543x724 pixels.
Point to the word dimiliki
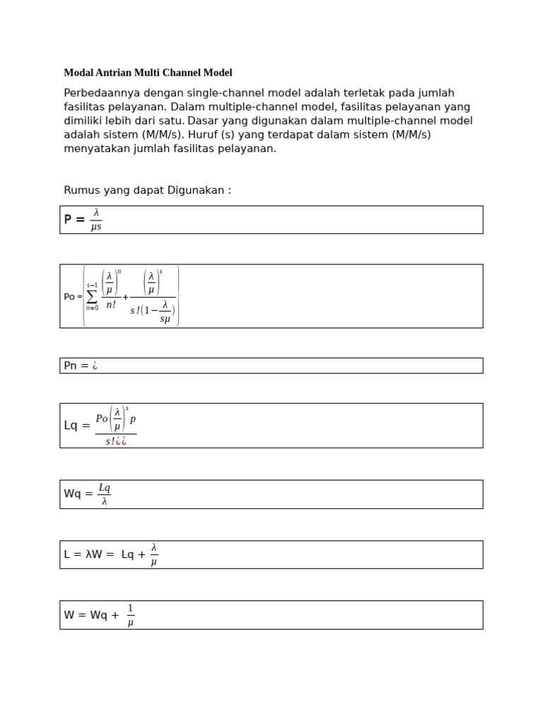pyautogui.click(x=83, y=121)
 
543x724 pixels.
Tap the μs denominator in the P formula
pyautogui.click(x=96, y=227)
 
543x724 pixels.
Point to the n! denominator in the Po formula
pyautogui.click(x=111, y=305)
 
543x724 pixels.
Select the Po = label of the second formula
pyautogui.click(x=73, y=297)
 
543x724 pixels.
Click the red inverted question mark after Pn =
pyautogui.click(x=95, y=366)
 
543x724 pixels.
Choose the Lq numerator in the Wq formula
pyautogui.click(x=104, y=488)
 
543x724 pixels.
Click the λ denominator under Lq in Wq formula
pyautogui.click(x=104, y=501)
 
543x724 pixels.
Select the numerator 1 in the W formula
pyautogui.click(x=131, y=609)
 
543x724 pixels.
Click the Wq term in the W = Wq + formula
pyautogui.click(x=99, y=615)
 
